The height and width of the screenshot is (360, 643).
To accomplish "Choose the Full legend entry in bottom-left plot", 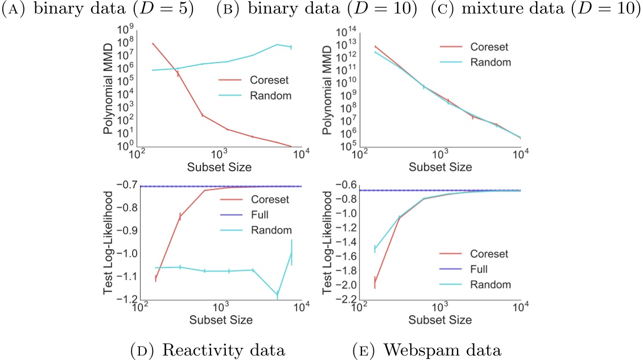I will pyautogui.click(x=261, y=215).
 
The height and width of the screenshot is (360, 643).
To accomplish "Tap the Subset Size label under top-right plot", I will pyautogui.click(x=439, y=167).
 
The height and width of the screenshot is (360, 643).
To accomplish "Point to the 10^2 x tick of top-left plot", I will pyautogui.click(x=137, y=155).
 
